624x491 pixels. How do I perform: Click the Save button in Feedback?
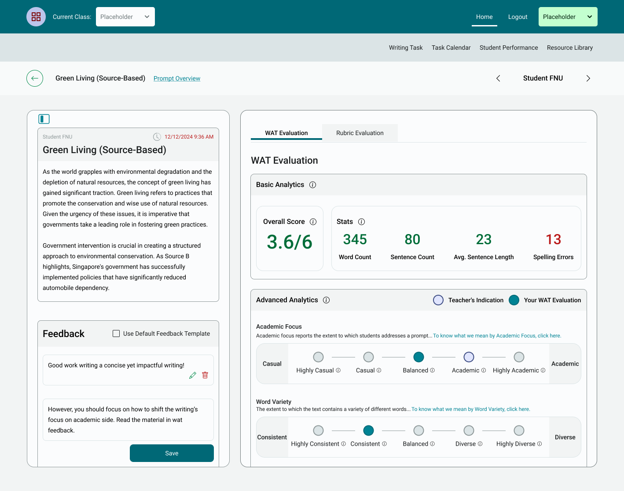172,453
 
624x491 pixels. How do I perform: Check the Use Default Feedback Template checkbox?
116,333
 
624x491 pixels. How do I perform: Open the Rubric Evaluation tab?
360,133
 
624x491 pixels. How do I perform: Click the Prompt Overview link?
177,78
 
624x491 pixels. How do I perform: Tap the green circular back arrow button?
35,78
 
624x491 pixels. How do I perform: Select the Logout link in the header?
518,17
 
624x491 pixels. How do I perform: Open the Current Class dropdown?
125,17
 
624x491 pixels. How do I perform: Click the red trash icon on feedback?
205,375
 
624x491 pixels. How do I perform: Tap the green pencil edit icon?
192,375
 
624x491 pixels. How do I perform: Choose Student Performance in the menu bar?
509,48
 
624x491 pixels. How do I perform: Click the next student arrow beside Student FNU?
588,78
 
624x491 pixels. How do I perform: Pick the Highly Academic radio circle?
519,357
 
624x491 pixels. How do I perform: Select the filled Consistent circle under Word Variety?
369,431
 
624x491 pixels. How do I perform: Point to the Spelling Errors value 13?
553,239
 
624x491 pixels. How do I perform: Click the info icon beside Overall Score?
313,222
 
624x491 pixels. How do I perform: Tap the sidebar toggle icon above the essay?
44,119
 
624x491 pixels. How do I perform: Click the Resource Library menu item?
570,48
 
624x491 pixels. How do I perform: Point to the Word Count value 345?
355,239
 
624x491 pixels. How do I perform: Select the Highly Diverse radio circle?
519,431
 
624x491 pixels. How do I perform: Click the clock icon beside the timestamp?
157,137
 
